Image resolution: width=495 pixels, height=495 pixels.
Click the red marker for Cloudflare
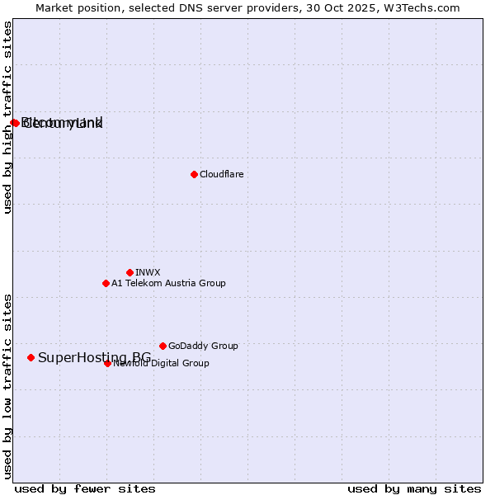[x=194, y=174]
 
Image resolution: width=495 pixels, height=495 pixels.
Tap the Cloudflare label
[x=221, y=174]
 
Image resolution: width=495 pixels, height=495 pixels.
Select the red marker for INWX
[x=130, y=272]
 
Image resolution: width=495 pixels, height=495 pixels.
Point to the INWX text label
[x=148, y=272]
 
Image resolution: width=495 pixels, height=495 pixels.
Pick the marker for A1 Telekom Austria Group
[x=106, y=283]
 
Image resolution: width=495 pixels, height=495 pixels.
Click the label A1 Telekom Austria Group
[x=168, y=283]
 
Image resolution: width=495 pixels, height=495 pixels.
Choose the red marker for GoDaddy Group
[x=163, y=346]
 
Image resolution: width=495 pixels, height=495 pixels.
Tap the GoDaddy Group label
[x=203, y=346]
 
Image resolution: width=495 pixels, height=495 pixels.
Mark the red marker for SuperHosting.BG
[x=31, y=357]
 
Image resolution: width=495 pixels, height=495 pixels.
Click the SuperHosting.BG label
[x=94, y=357]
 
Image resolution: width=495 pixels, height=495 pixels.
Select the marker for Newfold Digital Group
[x=107, y=363]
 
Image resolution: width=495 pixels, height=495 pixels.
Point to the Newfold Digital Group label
[x=161, y=363]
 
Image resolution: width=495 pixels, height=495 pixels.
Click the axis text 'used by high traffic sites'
[x=8, y=118]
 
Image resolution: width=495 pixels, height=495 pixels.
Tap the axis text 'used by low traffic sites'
[x=8, y=386]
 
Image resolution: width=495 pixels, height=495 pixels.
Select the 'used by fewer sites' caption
[x=85, y=489]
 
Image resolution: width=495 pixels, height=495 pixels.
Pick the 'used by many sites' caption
[x=414, y=489]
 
